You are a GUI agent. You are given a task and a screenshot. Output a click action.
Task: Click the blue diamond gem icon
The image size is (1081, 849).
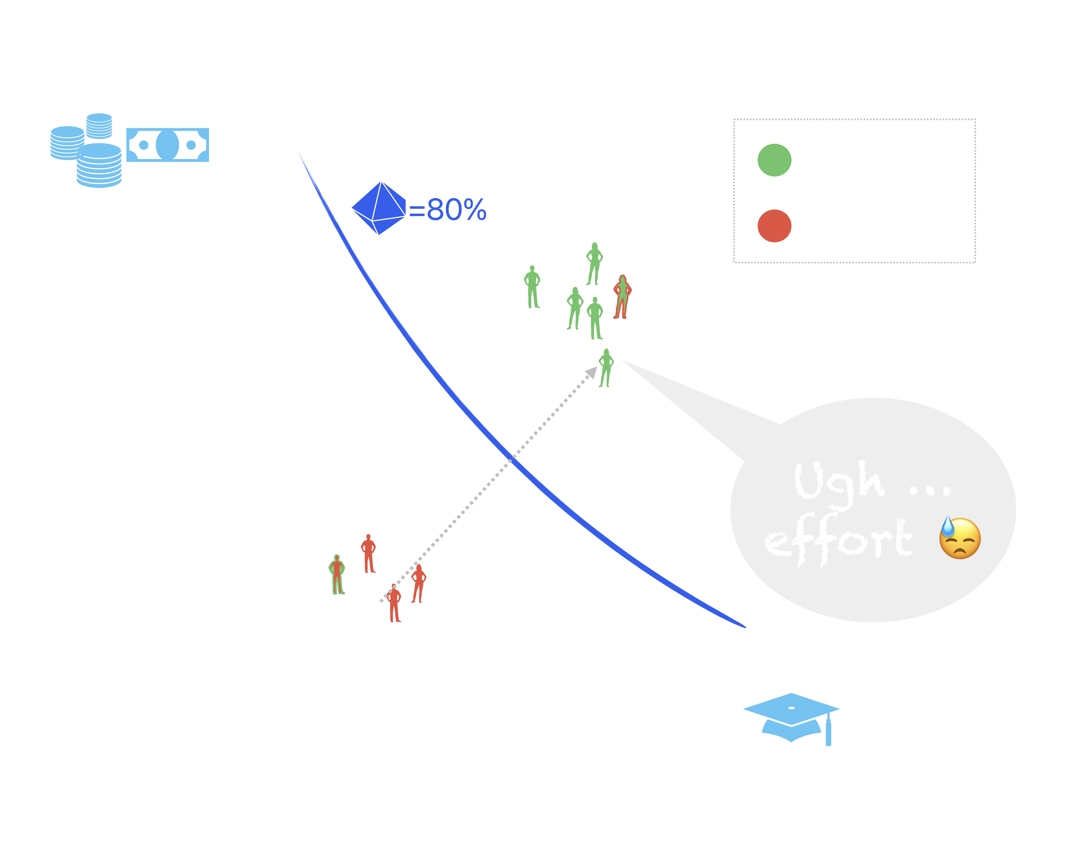[379, 208]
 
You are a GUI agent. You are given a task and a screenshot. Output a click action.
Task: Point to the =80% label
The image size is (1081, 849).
[447, 210]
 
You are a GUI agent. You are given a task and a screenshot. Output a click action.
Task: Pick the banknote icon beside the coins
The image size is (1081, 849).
[167, 145]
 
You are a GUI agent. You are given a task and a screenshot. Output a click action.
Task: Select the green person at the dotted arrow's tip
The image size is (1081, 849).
[606, 368]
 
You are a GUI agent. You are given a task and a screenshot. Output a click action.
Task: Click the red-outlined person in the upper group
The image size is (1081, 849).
[622, 297]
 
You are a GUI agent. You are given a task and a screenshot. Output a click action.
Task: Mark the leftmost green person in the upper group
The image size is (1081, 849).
[532, 287]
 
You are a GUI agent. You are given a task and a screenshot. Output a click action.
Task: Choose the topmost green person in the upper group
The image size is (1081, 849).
[594, 263]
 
